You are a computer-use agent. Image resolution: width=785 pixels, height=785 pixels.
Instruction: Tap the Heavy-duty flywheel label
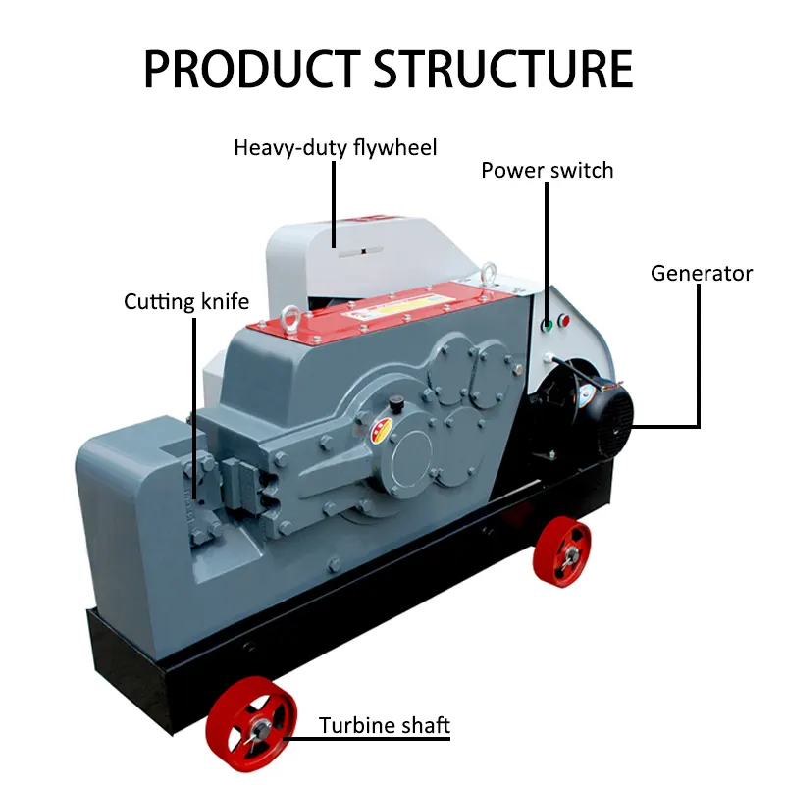pos(335,148)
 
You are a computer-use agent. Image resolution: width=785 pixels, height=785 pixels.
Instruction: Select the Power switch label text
pos(547,171)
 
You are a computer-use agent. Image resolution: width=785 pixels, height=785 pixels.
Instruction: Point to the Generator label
pos(702,273)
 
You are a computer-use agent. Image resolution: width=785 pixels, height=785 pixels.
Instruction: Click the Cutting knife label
pos(186,301)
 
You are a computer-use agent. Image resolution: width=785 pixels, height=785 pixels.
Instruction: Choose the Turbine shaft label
pos(385,727)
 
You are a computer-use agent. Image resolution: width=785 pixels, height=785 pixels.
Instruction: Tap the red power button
pos(563,321)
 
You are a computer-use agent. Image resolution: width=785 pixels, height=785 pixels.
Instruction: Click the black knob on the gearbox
pos(395,402)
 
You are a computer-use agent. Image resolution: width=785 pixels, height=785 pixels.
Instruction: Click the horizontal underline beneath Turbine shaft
pos(385,738)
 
